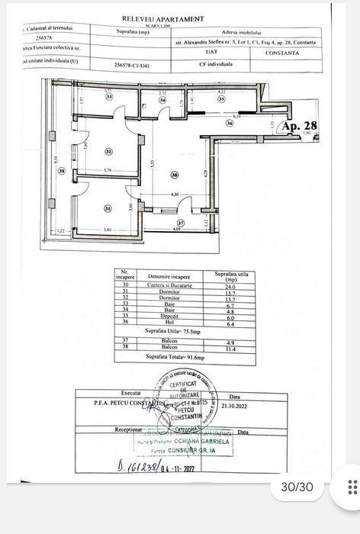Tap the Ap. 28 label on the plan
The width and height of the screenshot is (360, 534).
tap(294, 126)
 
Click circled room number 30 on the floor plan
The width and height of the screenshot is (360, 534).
tap(174, 175)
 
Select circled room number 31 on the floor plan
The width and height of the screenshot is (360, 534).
tap(108, 208)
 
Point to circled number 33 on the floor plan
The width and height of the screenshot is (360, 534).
tap(109, 98)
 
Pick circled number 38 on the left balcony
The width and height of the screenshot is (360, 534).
tap(62, 171)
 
